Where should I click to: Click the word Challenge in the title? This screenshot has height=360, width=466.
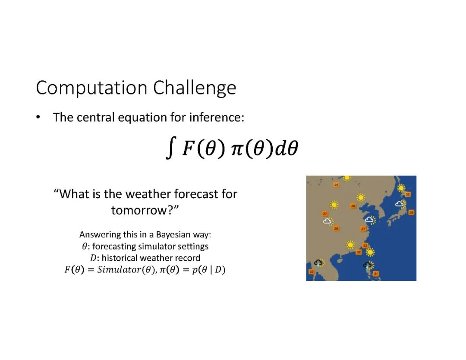(195, 88)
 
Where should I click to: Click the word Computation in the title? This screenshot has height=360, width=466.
(91, 88)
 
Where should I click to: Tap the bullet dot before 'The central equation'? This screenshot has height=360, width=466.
(38, 117)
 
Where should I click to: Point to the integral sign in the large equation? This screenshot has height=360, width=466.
(171, 148)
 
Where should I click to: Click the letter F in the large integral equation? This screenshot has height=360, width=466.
(188, 148)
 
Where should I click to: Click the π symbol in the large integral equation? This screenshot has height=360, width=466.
(237, 149)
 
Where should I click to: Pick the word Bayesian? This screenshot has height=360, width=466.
(173, 234)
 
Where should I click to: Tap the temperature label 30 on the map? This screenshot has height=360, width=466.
(353, 206)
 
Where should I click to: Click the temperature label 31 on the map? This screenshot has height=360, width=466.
(376, 274)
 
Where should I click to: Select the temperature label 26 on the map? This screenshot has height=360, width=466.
(336, 229)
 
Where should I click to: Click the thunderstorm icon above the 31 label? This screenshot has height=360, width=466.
(368, 265)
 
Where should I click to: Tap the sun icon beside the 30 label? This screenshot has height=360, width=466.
(360, 197)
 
